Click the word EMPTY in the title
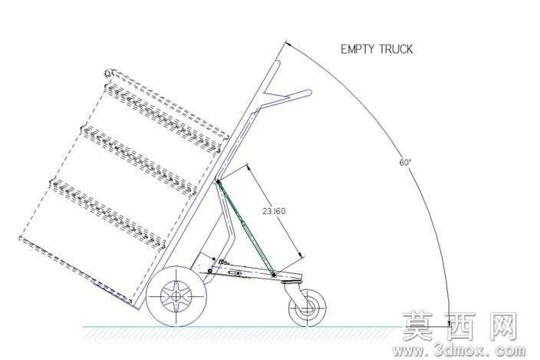tap(357, 49)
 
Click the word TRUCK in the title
tap(396, 49)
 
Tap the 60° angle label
tap(405, 162)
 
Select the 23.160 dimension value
tap(274, 211)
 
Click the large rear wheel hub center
tap(176, 296)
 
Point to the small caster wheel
tap(307, 308)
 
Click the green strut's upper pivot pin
tap(218, 181)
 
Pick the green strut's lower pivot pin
tap(273, 275)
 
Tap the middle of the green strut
tap(245, 228)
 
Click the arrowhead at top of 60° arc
tap(288, 44)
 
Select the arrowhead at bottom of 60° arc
tap(449, 322)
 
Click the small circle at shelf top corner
tap(107, 73)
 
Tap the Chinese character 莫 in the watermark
tap(417, 326)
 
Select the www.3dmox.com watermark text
tap(459, 351)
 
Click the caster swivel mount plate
tap(291, 282)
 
